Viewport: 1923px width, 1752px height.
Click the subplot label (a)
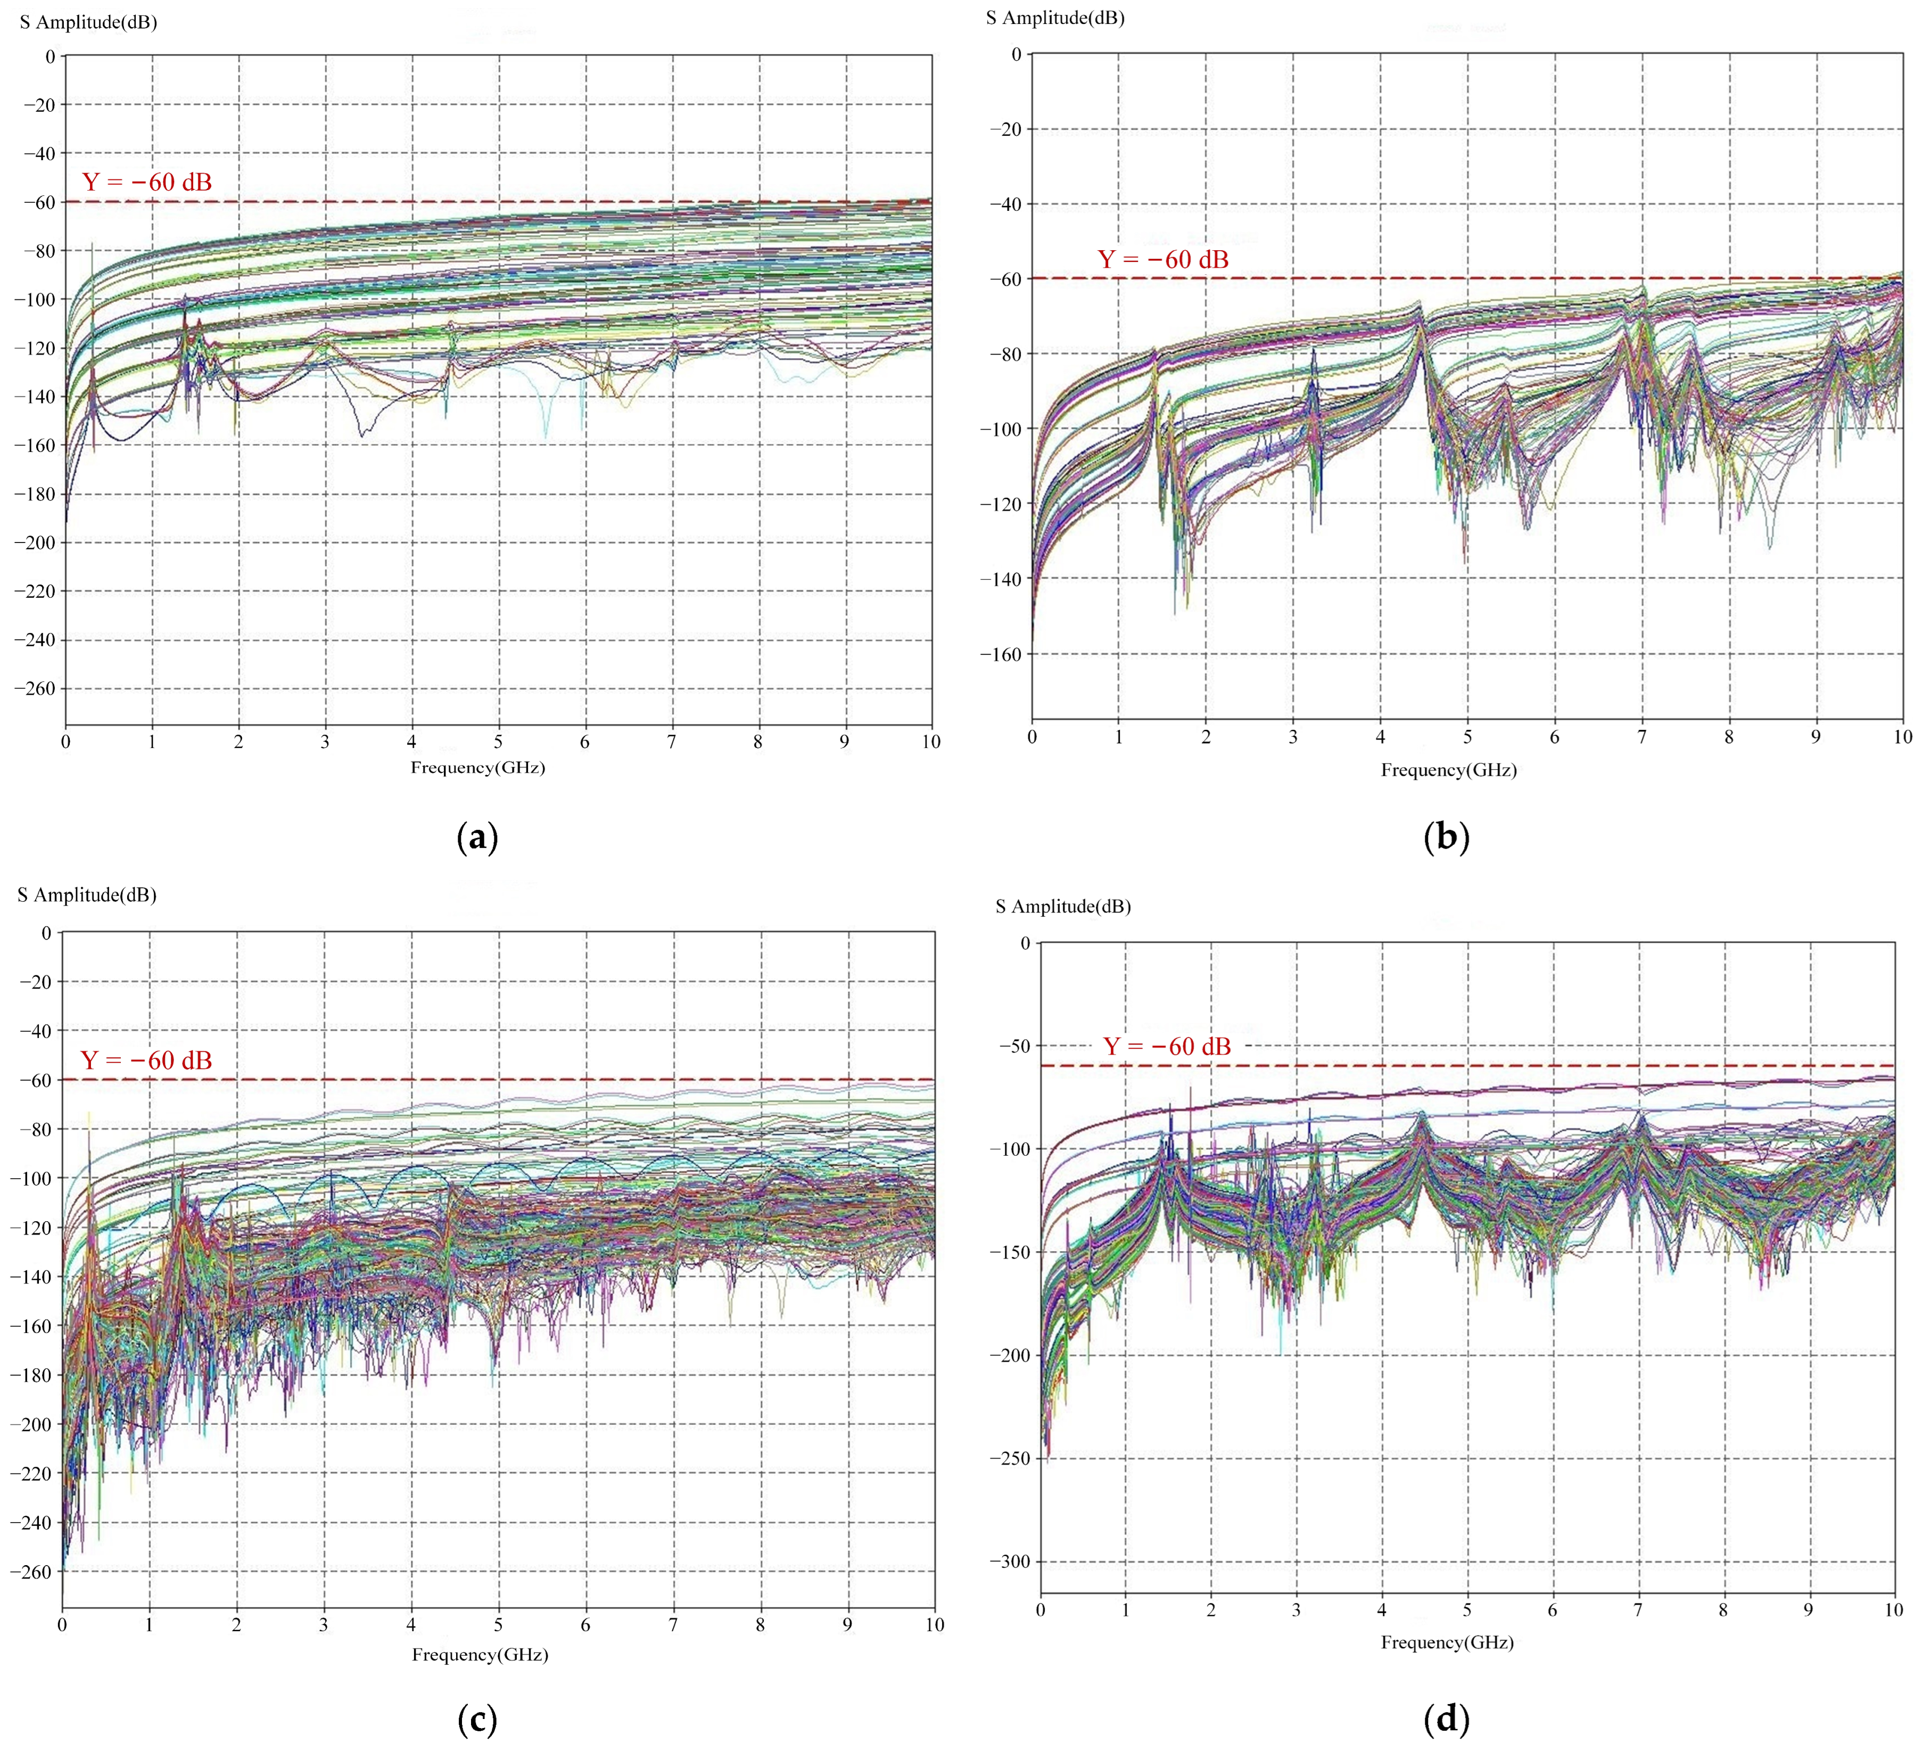click(478, 838)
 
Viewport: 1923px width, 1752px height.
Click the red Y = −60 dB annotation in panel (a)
click(147, 182)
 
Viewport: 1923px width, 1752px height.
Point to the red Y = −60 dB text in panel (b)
click(1163, 260)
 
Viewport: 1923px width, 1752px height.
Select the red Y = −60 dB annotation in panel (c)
click(146, 1060)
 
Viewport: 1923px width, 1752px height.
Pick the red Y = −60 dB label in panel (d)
click(1167, 1047)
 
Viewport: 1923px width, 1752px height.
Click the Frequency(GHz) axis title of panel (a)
click(478, 767)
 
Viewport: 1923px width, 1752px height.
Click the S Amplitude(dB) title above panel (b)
click(1055, 18)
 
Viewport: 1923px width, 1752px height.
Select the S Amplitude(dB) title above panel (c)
click(87, 895)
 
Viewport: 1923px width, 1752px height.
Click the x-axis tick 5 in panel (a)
click(498, 743)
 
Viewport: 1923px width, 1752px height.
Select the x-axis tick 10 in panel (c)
click(934, 1625)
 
